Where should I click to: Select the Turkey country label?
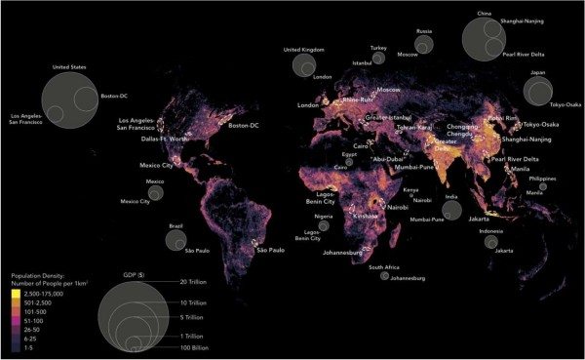coord(378,47)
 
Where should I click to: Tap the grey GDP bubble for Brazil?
coord(175,239)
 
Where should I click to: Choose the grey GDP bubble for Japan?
coord(536,91)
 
